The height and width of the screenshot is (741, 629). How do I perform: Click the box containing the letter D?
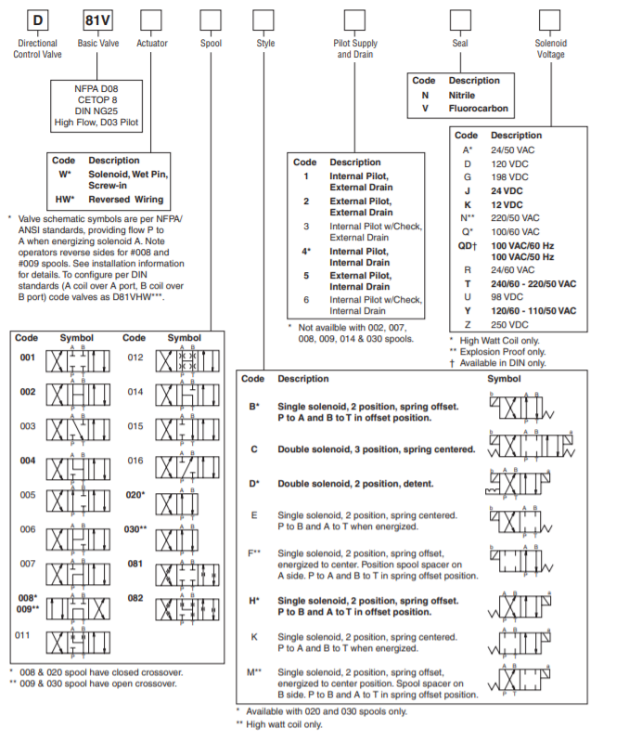tap(35, 19)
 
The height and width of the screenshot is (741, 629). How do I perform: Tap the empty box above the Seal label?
tap(460, 19)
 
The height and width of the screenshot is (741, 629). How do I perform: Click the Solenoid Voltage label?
tap(551, 48)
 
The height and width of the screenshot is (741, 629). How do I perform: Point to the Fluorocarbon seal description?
tap(479, 108)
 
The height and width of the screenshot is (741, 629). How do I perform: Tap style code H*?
tap(253, 601)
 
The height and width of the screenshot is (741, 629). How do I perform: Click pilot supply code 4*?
tap(307, 251)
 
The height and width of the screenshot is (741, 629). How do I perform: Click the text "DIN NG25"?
tap(97, 110)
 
